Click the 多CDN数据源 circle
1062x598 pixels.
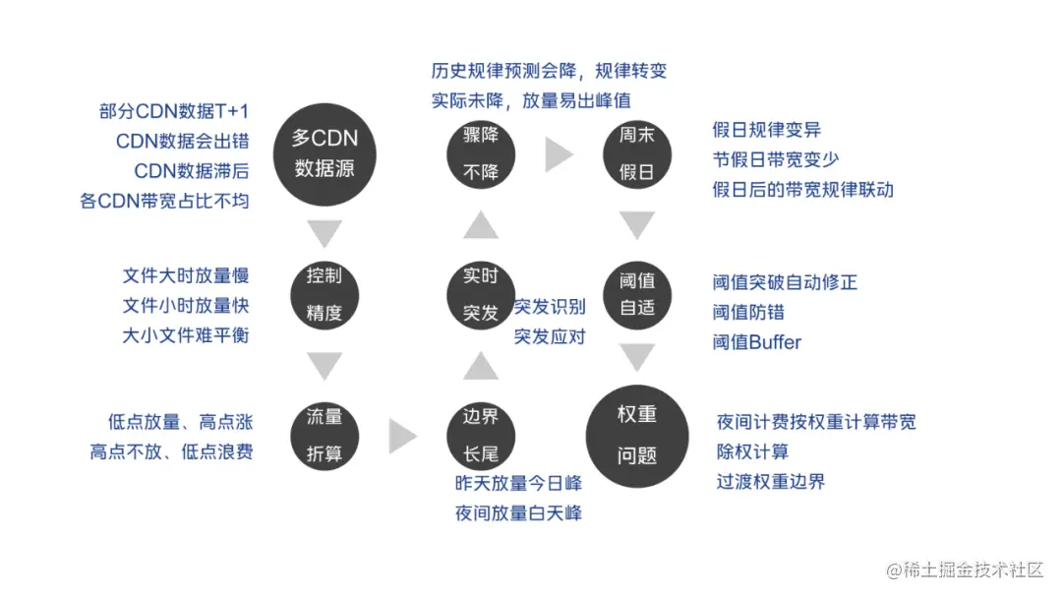[324, 154]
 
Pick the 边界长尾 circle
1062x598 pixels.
[481, 434]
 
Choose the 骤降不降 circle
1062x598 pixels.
[481, 154]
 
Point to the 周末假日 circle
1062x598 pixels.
[636, 154]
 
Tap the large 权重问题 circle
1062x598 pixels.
[636, 434]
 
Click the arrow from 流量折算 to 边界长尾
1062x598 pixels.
[402, 435]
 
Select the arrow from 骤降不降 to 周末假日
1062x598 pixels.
[559, 154]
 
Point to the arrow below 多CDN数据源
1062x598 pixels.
[324, 232]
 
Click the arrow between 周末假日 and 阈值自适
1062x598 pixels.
[636, 225]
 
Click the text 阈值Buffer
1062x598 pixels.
[756, 342]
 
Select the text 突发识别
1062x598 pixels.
[550, 306]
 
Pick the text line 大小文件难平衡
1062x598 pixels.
[186, 335]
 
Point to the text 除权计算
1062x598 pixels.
[752, 451]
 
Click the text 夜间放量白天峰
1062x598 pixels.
[518, 512]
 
